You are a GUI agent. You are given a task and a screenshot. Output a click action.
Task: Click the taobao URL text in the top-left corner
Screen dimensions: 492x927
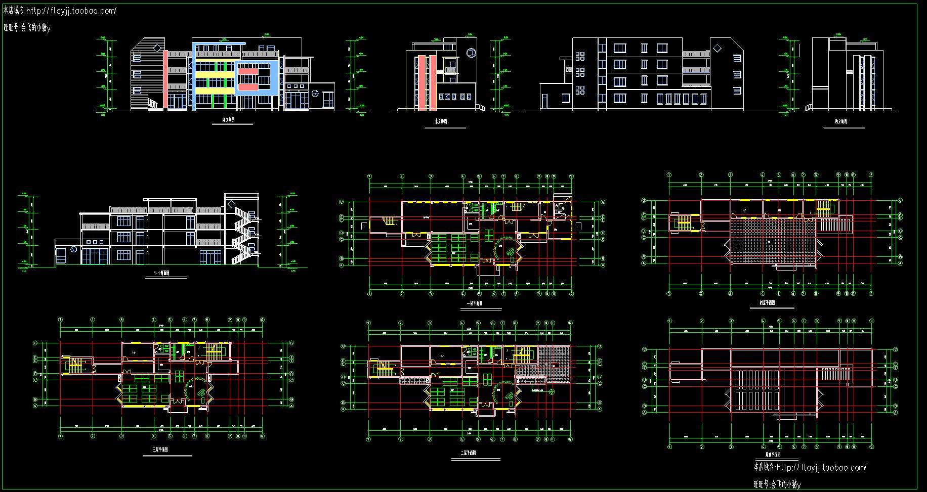click(71, 10)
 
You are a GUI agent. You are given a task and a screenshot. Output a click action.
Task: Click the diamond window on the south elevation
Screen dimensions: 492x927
click(157, 49)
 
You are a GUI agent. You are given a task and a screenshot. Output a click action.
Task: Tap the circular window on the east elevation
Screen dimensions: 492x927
click(471, 52)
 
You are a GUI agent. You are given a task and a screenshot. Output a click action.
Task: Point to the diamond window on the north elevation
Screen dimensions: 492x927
click(717, 48)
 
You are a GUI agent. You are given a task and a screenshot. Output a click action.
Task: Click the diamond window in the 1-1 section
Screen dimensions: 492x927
click(231, 203)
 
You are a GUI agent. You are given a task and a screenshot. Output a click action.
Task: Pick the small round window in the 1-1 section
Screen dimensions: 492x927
click(74, 249)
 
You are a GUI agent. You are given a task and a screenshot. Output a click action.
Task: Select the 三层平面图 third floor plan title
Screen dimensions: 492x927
click(160, 450)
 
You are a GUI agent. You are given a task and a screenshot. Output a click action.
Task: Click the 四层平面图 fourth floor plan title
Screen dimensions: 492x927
click(767, 303)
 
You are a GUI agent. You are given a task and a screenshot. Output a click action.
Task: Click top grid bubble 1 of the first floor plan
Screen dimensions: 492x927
click(370, 176)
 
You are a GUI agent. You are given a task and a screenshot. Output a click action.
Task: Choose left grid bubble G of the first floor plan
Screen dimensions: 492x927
click(341, 202)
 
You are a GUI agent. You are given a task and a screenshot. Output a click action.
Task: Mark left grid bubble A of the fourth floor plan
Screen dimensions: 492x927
click(644, 263)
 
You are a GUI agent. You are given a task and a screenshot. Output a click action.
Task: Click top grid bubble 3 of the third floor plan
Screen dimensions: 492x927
click(121, 320)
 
